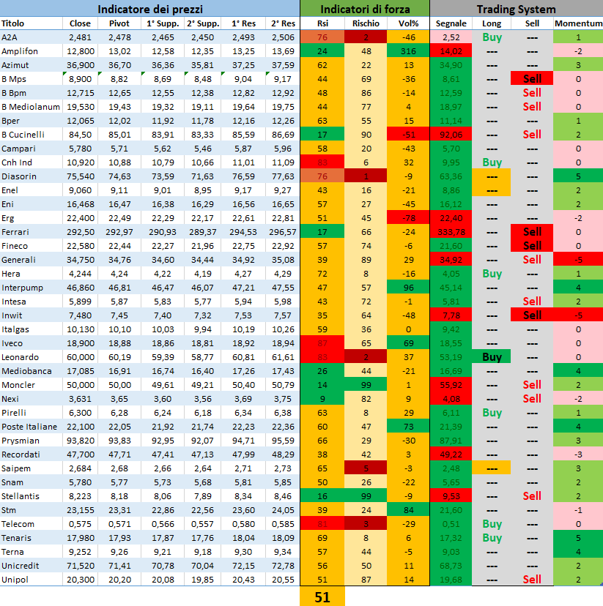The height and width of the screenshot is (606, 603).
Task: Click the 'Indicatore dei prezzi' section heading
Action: coord(149,10)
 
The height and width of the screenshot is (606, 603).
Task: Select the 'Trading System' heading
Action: coord(516,10)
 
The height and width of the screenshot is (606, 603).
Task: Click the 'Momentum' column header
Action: coord(578,23)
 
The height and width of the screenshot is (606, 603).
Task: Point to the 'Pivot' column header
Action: coord(119,23)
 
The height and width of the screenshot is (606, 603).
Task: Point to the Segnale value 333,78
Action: coord(451,231)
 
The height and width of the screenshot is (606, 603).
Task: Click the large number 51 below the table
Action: coord(322,596)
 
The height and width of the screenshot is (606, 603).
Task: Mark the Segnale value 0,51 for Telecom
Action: coord(451,523)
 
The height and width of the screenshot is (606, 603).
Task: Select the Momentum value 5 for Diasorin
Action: coord(578,176)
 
